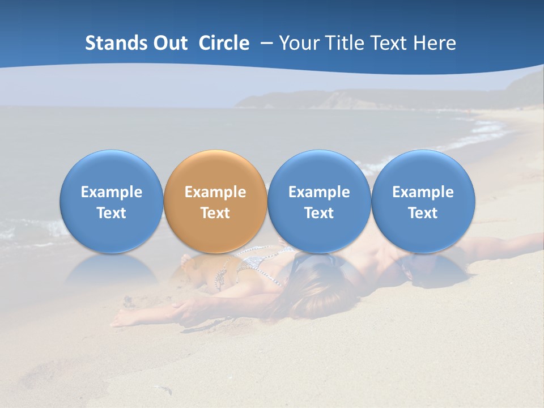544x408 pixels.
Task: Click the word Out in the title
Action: [x=168, y=43]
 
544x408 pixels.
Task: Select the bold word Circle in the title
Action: [x=224, y=43]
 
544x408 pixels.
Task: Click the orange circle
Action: [x=215, y=201]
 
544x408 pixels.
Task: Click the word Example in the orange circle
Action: [x=215, y=192]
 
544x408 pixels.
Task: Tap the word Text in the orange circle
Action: [x=215, y=213]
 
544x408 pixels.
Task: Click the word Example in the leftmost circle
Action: [x=112, y=192]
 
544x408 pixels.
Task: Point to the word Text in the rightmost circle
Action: [x=423, y=213]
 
